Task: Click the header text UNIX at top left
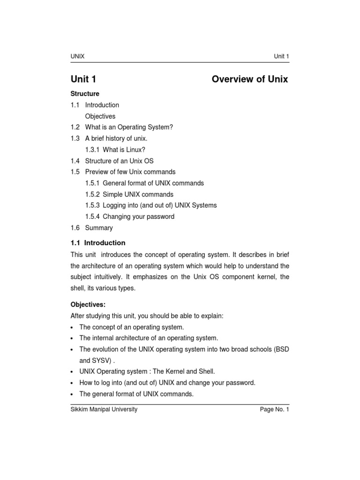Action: click(x=77, y=57)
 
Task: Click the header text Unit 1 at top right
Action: click(x=281, y=57)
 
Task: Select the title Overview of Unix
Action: click(x=250, y=79)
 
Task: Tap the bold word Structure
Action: click(x=85, y=94)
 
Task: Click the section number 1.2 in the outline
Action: click(x=75, y=127)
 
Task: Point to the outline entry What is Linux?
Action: click(x=124, y=150)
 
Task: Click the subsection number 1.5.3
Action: click(x=92, y=205)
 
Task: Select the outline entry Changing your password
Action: click(x=138, y=217)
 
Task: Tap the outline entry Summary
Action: click(x=99, y=228)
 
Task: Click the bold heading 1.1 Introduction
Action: click(x=98, y=243)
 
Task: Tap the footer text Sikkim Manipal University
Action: click(x=104, y=409)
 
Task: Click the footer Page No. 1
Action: click(x=275, y=409)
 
